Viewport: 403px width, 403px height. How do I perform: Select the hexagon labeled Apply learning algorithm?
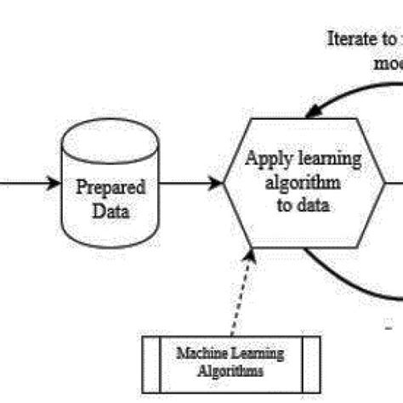point(304,182)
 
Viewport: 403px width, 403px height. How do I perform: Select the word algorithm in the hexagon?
point(304,182)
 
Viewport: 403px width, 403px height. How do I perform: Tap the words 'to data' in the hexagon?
point(304,204)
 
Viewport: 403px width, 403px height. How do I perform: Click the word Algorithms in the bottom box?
point(230,371)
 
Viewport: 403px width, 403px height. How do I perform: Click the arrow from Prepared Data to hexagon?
point(191,183)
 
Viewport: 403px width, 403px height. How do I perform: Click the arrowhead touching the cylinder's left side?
point(54,183)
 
